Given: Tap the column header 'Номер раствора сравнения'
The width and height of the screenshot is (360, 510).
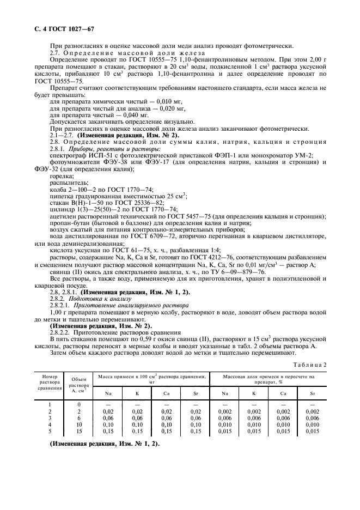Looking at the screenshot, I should point(46,383).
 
